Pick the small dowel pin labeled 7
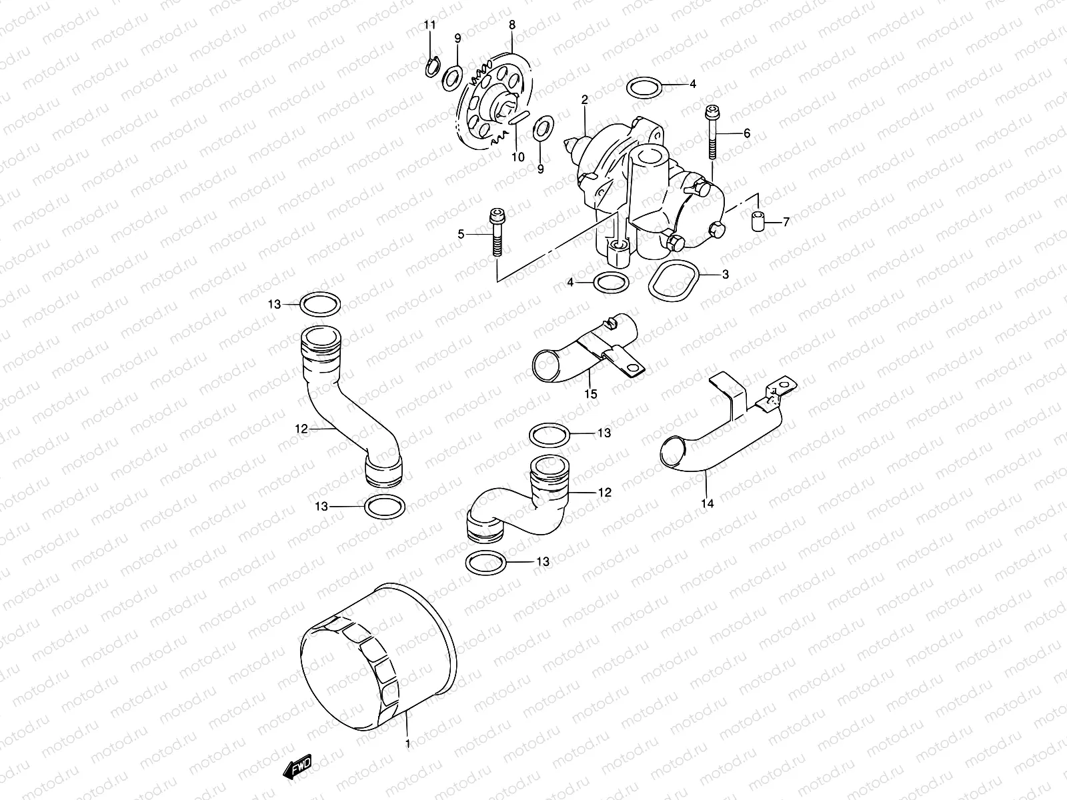coord(758,221)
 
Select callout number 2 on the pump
coord(585,100)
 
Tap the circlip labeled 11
coord(431,66)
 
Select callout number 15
coord(591,394)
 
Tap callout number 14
coord(708,504)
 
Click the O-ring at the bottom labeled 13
coord(487,562)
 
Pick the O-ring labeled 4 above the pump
coord(645,86)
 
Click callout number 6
coord(747,133)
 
